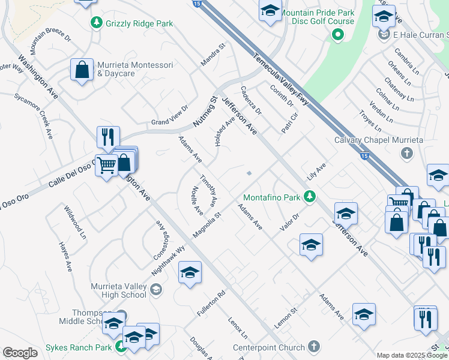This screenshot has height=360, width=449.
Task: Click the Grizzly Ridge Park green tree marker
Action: tap(95, 23)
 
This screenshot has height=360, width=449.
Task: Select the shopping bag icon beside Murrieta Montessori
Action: tap(82, 69)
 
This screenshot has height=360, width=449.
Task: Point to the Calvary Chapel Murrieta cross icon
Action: tap(406, 153)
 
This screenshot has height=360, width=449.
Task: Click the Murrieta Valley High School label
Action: tap(118, 290)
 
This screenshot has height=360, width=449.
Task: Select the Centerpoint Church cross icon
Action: tap(314, 346)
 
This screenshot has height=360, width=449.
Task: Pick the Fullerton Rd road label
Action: tap(212, 304)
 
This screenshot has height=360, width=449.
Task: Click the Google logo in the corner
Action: tap(20, 353)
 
